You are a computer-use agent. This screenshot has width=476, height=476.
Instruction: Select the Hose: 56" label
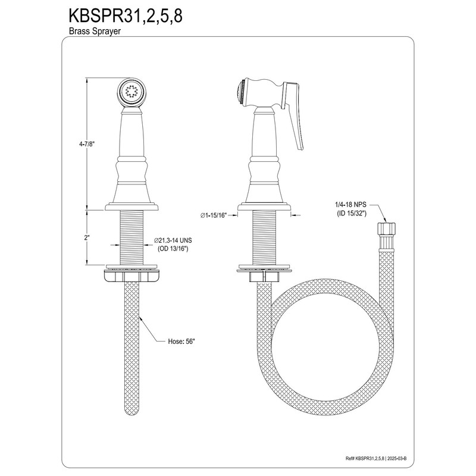point(181,342)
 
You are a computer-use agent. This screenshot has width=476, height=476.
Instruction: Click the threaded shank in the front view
point(131,238)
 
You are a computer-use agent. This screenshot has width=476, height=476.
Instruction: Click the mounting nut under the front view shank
point(131,275)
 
